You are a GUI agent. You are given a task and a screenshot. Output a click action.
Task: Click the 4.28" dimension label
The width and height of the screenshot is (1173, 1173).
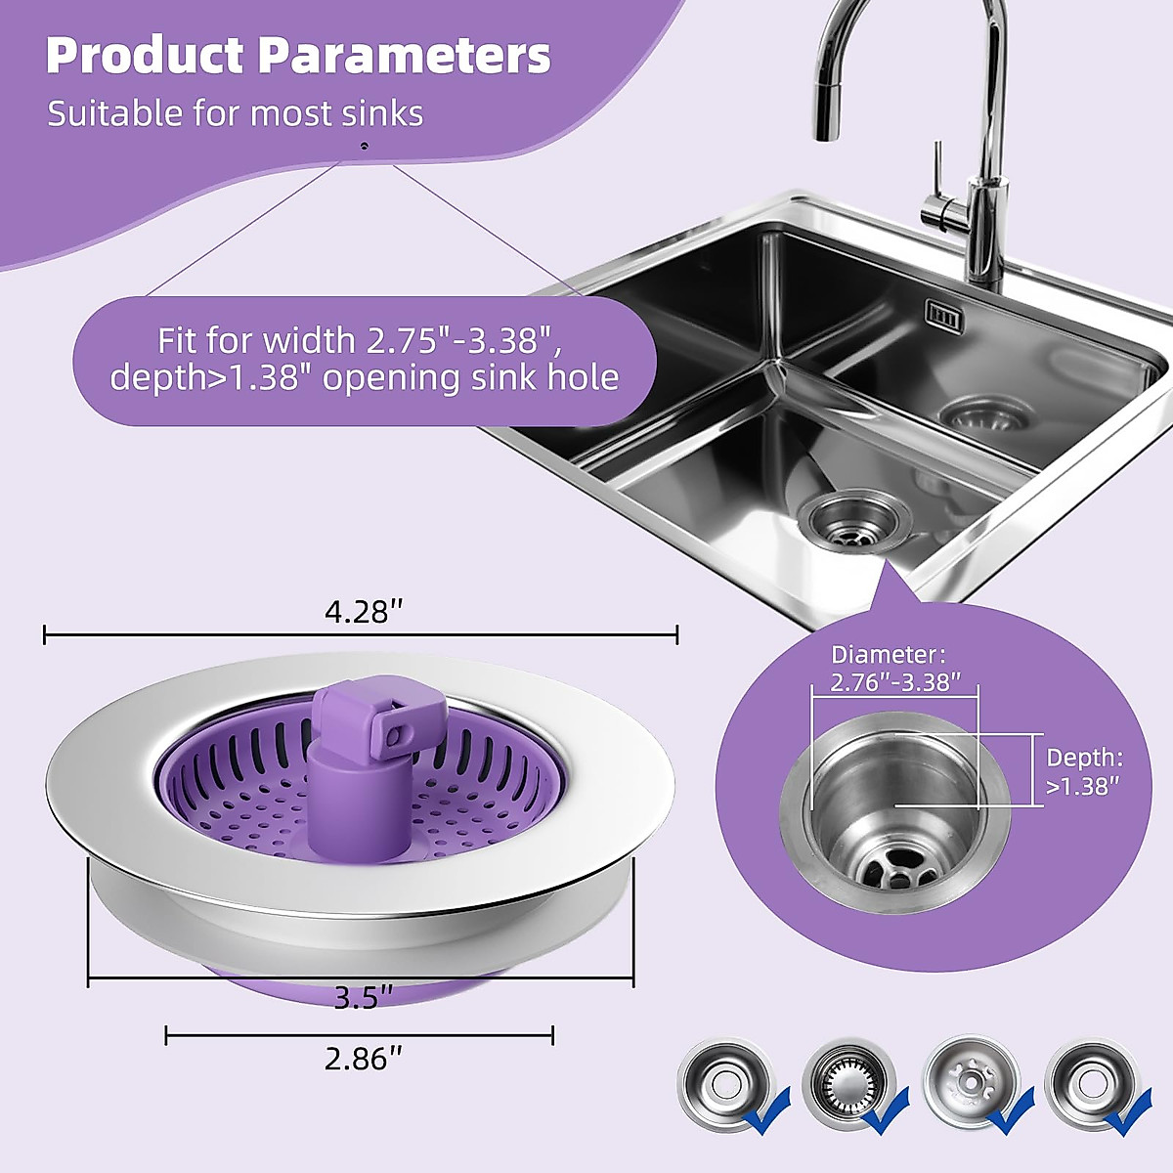click(364, 612)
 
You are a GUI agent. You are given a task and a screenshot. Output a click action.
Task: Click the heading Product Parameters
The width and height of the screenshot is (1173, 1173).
click(298, 56)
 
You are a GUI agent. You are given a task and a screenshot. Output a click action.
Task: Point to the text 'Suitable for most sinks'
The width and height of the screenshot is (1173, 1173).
click(235, 113)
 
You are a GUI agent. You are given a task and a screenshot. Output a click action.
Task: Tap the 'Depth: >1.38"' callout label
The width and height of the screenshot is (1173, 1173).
click(1084, 772)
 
